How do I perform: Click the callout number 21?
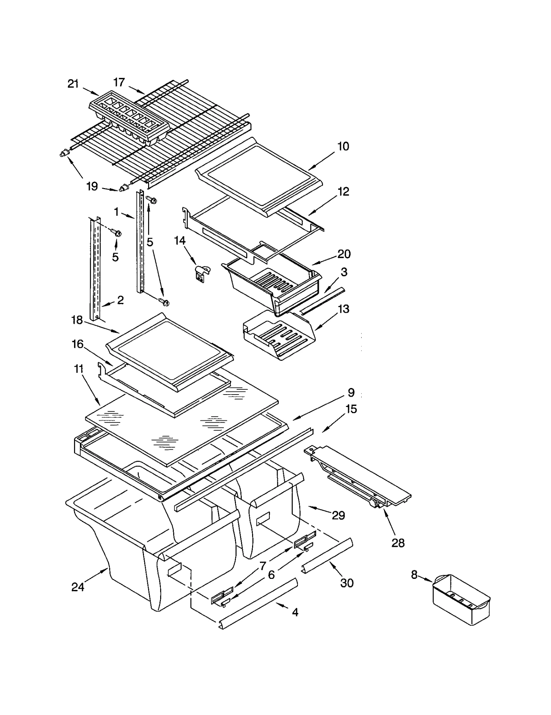tap(73, 84)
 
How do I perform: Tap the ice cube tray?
tap(129, 117)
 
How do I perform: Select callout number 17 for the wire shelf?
tap(119, 82)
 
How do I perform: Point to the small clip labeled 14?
tap(201, 273)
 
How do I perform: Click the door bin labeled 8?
tap(461, 600)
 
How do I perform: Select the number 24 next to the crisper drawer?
tap(78, 586)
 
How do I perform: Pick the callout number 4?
tap(295, 612)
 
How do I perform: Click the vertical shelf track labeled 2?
tap(95, 269)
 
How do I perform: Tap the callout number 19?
tap(92, 186)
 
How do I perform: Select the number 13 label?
tap(343, 309)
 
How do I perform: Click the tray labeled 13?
tap(279, 336)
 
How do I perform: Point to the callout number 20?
tap(344, 254)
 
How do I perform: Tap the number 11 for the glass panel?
tap(79, 369)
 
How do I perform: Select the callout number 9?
tap(351, 392)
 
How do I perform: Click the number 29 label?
tap(338, 515)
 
